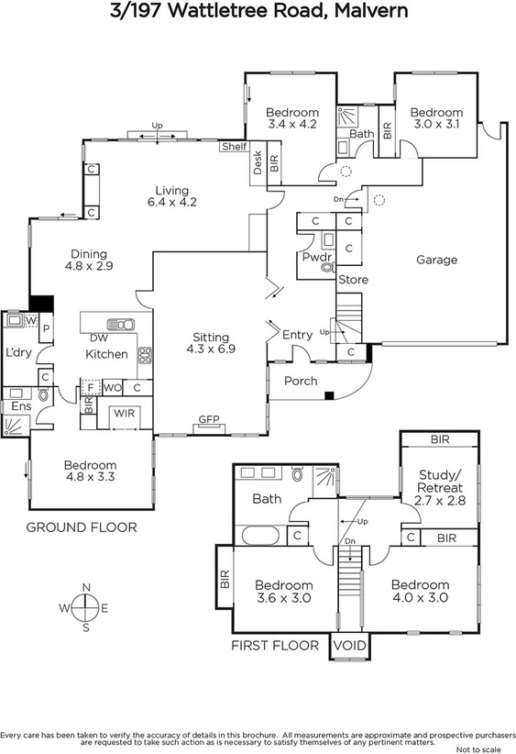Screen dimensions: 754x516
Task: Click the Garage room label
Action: tap(436, 260)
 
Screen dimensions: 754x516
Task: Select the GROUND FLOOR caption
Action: tap(81, 527)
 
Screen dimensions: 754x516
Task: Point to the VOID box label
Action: tap(348, 646)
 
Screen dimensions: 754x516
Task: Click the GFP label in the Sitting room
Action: tap(209, 420)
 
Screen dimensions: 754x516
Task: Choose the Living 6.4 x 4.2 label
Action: tap(173, 195)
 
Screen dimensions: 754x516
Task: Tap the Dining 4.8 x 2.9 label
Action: tap(86, 261)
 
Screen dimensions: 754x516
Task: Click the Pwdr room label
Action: tap(316, 259)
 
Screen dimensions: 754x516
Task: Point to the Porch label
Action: tap(300, 381)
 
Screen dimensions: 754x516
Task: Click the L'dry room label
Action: tap(18, 354)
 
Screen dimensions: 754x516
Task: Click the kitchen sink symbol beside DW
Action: tap(119, 324)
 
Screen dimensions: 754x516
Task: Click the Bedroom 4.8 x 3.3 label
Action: tap(90, 471)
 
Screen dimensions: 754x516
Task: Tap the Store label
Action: tap(353, 280)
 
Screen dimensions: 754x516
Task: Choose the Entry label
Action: tap(297, 335)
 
